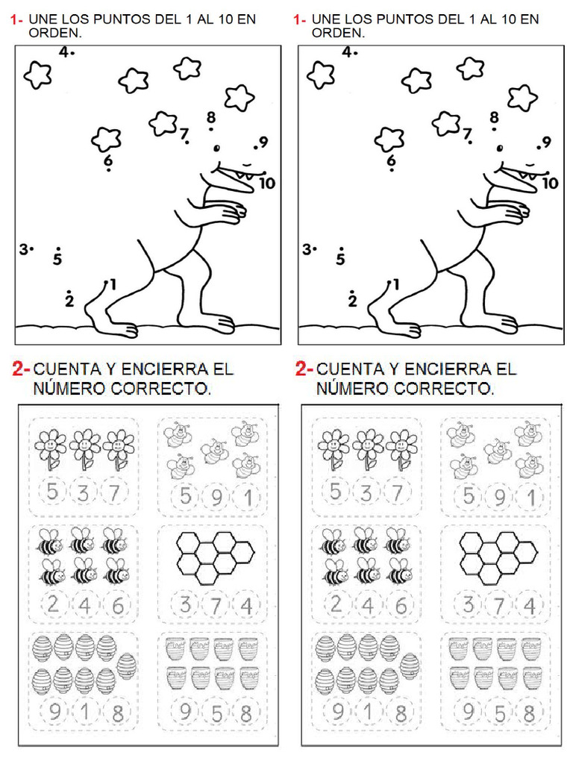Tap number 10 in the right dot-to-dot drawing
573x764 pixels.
(550, 183)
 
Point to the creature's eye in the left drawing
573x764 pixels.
(217, 147)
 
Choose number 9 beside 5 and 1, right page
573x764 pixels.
(498, 497)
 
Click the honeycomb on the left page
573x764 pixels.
(215, 557)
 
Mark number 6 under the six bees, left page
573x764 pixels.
(117, 605)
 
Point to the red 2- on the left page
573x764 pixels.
(21, 369)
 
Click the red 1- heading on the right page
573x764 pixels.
(300, 20)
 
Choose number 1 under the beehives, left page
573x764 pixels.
(84, 714)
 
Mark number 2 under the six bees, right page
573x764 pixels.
(336, 605)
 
